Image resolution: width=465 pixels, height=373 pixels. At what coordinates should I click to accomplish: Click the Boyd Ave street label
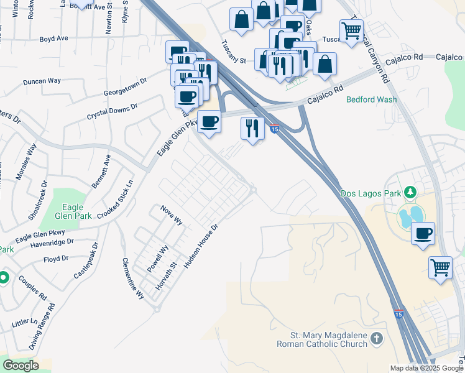click(53, 38)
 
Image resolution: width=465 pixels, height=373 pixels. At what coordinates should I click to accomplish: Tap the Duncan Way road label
click(42, 81)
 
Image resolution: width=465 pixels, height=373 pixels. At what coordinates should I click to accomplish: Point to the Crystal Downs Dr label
click(112, 112)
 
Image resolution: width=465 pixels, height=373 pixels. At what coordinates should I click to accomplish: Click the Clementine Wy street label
click(132, 279)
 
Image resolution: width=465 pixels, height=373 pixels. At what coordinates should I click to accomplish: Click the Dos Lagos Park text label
click(371, 193)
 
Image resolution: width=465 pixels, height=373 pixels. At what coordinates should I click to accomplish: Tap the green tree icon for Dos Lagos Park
click(410, 193)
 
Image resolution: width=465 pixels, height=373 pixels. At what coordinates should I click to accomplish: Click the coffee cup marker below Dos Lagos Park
click(423, 234)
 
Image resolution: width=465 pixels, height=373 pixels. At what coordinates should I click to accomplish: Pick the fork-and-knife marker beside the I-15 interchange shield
click(252, 128)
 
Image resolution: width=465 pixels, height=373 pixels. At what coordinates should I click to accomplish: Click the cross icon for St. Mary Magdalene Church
click(375, 339)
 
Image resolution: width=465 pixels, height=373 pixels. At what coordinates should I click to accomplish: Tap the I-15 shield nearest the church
click(398, 315)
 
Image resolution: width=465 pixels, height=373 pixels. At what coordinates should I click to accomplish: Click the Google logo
click(21, 366)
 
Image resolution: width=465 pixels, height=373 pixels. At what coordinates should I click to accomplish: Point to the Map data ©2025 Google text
click(426, 368)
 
